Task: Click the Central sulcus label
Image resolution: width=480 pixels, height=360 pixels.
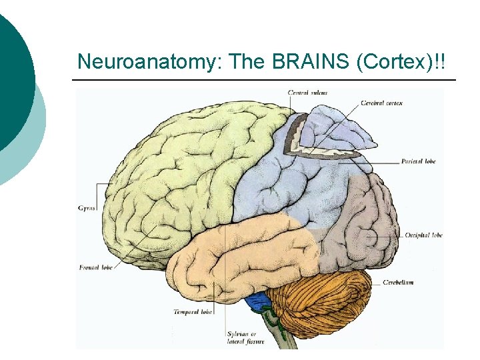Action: pyautogui.click(x=307, y=93)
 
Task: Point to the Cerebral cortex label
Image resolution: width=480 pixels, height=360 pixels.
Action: pyautogui.click(x=381, y=103)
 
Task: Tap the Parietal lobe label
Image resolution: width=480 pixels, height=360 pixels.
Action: pyautogui.click(x=418, y=161)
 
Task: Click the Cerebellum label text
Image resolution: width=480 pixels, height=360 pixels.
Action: pyautogui.click(x=398, y=283)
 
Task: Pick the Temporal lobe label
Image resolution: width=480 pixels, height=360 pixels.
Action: pyautogui.click(x=193, y=311)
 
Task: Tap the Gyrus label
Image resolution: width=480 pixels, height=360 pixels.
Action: pyautogui.click(x=87, y=208)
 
